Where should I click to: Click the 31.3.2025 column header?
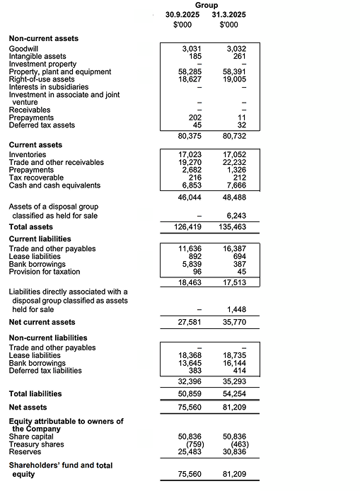click(x=228, y=14)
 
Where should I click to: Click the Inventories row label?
click(x=28, y=154)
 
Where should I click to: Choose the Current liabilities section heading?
click(x=42, y=239)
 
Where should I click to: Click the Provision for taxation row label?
click(x=44, y=272)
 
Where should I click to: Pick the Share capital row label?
click(x=30, y=437)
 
